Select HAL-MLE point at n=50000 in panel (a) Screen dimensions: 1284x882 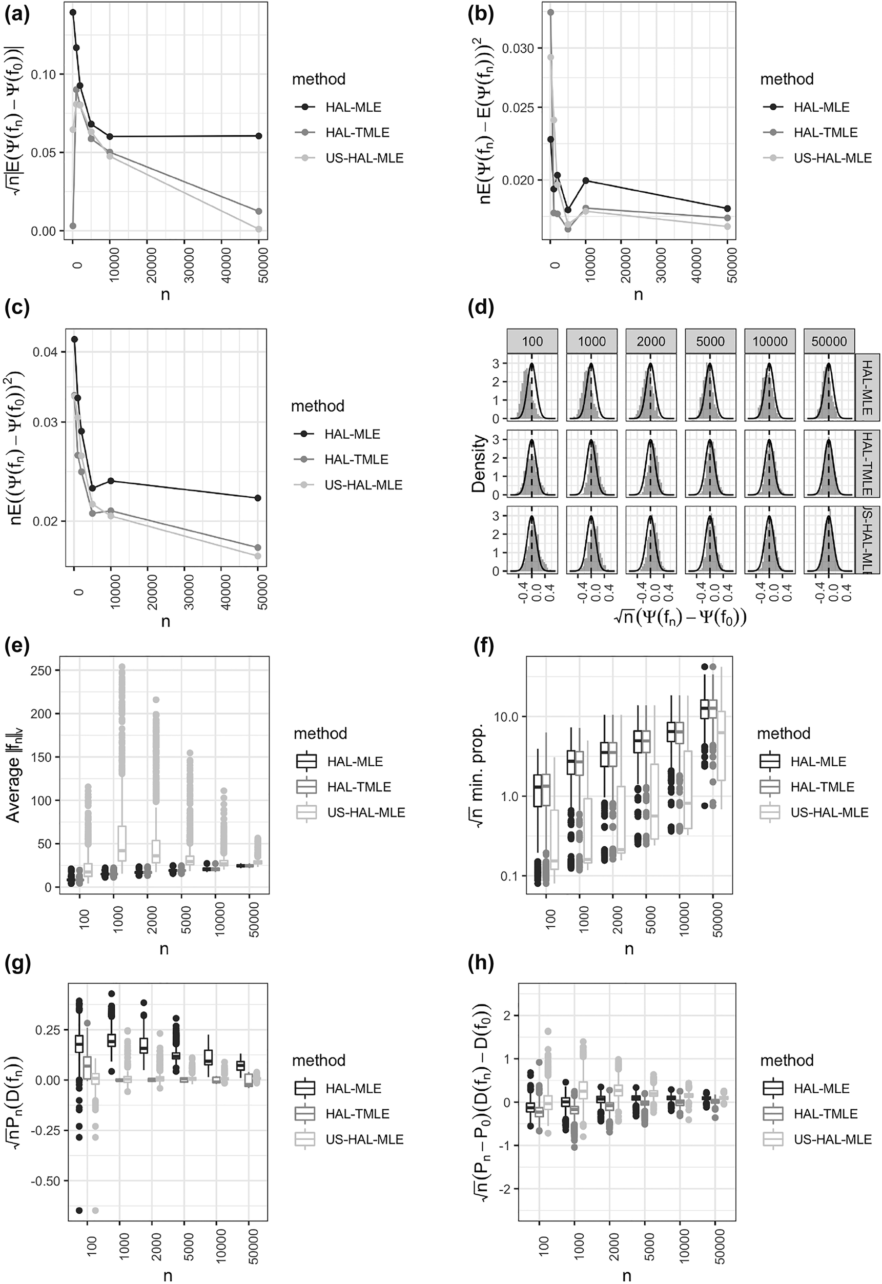[259, 136]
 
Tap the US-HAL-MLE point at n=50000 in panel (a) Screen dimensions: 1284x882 [259, 229]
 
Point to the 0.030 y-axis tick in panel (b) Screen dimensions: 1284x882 [518, 49]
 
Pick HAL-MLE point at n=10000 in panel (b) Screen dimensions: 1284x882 [586, 181]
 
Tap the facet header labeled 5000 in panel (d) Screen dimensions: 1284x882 [710, 341]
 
